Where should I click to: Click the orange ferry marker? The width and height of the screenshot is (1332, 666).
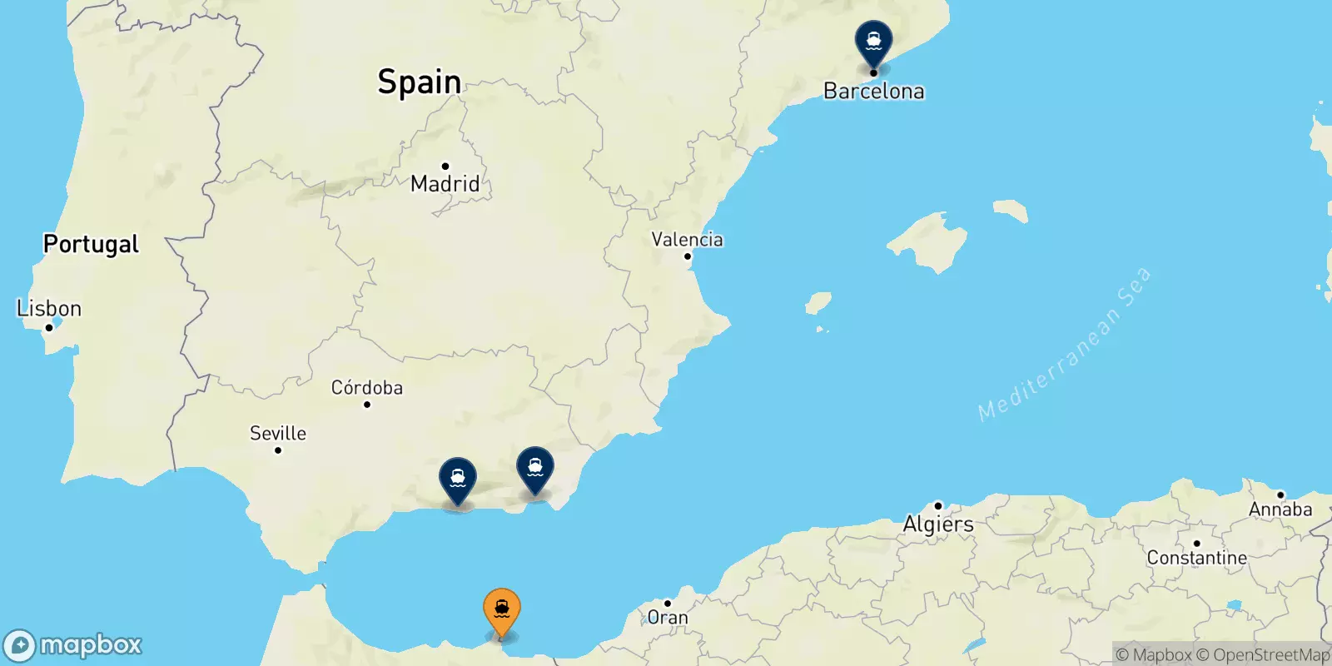(502, 611)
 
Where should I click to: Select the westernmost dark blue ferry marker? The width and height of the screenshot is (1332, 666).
(458, 480)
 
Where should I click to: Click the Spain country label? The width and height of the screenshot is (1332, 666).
(419, 82)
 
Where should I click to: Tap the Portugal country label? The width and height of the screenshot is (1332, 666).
(91, 244)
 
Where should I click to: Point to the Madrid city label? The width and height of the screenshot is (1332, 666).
(445, 184)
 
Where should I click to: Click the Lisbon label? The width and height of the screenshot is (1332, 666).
(49, 309)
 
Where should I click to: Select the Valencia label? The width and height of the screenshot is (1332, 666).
(687, 240)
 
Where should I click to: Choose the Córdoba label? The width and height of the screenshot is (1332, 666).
(366, 388)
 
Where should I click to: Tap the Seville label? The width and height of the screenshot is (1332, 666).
(278, 434)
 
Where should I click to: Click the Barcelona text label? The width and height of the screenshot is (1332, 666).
(873, 92)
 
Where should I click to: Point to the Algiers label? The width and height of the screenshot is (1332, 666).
(938, 524)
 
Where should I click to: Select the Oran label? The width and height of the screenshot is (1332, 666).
(668, 618)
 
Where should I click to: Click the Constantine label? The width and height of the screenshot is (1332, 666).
(1196, 558)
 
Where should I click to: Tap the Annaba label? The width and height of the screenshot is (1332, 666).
(1280, 509)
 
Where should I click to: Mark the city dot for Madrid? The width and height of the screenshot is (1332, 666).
(445, 166)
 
